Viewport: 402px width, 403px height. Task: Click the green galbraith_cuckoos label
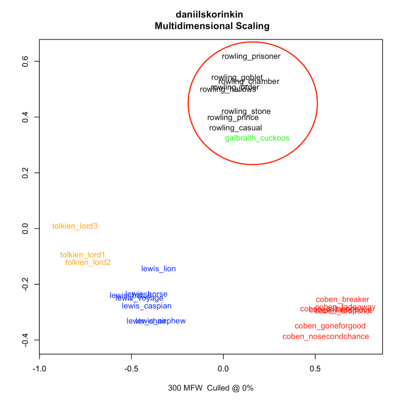(257, 138)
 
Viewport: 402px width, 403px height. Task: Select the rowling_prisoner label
(251, 56)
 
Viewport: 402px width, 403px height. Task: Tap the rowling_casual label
(236, 128)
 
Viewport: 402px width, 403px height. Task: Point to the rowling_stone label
(246, 111)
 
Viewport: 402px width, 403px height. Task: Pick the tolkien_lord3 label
(75, 226)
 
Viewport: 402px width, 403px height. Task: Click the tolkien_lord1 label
(83, 255)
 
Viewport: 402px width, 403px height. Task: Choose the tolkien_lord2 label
(88, 263)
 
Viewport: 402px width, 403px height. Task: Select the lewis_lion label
(158, 269)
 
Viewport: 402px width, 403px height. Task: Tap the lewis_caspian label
(146, 306)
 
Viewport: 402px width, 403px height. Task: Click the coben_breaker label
(342, 300)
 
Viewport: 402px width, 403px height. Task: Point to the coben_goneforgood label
(330, 326)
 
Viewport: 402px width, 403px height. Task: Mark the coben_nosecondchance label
(326, 337)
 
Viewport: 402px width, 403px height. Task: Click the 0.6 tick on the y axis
(25, 61)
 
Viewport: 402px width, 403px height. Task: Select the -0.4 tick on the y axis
(25, 340)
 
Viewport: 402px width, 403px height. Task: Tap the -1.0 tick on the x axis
(39, 369)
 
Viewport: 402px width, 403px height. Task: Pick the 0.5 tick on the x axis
(315, 369)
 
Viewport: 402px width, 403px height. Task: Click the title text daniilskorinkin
(209, 15)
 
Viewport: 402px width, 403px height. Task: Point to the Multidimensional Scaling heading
(212, 26)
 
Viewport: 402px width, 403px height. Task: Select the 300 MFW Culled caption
(210, 388)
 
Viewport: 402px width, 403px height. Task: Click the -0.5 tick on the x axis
(131, 369)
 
